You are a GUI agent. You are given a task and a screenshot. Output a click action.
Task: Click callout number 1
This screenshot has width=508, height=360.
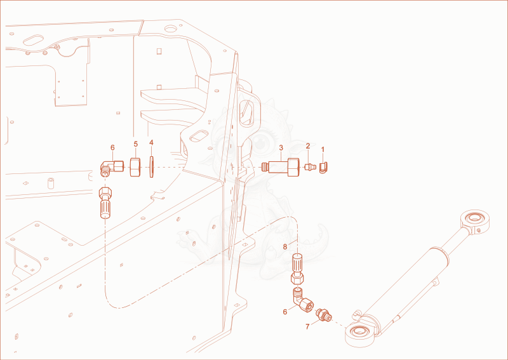[323, 149]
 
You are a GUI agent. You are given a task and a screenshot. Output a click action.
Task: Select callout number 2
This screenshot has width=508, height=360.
[308, 146]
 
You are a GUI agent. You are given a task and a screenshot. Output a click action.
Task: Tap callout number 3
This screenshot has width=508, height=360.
[281, 148]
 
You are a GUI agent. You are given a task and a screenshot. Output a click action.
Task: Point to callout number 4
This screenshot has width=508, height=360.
[151, 143]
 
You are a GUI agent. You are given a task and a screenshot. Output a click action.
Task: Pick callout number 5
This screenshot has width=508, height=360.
[136, 144]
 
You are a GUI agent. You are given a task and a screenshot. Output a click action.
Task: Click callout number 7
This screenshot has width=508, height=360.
[307, 326]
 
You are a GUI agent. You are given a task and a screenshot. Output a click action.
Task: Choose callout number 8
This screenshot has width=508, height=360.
[285, 247]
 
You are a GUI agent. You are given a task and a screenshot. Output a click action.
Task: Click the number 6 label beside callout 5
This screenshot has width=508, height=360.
[112, 147]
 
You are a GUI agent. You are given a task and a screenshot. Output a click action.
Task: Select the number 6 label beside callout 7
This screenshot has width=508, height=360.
[285, 312]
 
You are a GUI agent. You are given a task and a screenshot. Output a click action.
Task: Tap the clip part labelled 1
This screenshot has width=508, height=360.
[323, 168]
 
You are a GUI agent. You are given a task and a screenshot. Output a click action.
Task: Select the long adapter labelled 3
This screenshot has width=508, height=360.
[281, 167]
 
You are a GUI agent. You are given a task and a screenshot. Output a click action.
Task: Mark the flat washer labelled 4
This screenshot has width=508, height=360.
[151, 167]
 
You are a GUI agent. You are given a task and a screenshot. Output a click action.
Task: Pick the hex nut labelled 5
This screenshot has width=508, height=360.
[135, 167]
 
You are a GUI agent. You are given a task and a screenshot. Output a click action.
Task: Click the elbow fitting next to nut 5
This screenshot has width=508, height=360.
[111, 168]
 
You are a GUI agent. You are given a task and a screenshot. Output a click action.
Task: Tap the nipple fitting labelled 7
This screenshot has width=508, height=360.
[324, 315]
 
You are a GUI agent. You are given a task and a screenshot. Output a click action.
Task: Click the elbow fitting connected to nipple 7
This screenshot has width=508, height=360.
[303, 301]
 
